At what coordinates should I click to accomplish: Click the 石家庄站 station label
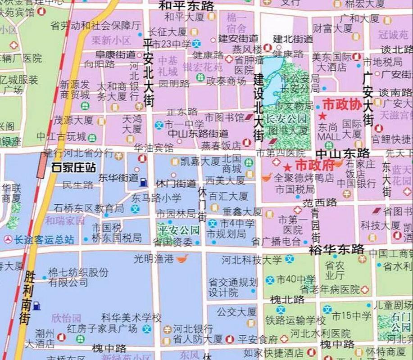pos(73,167)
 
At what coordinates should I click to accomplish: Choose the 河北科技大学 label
pos(252,260)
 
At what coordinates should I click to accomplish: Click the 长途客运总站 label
pos(44,240)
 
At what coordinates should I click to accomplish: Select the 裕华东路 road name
pos(336,248)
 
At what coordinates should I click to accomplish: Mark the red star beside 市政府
pos(287,168)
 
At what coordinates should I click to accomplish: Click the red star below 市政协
pos(322,116)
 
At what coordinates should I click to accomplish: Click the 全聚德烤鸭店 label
pos(304,178)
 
